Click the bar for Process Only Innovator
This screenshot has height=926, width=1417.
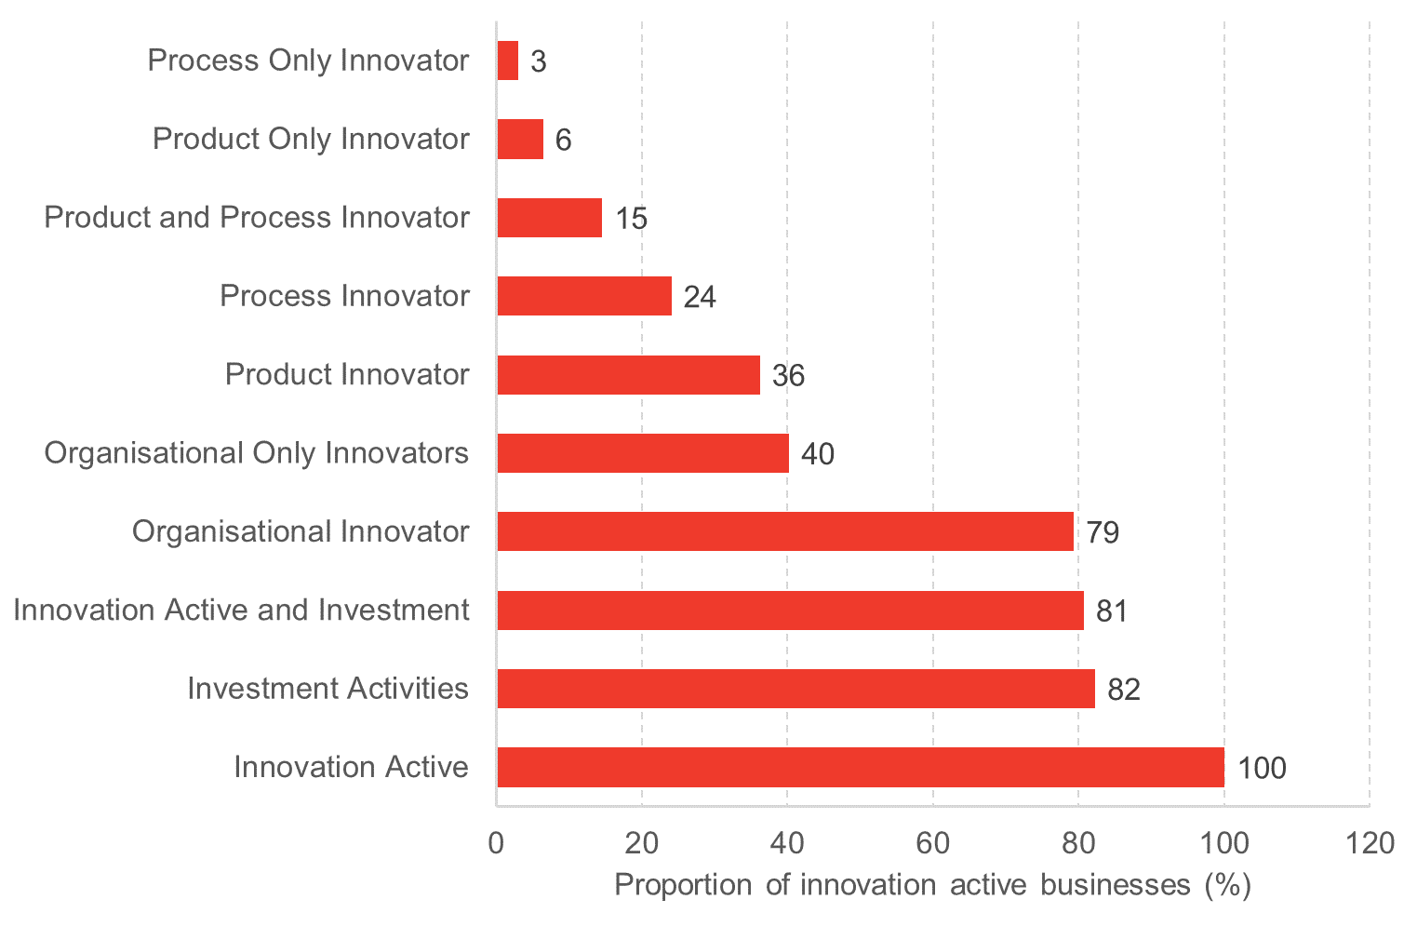tap(508, 60)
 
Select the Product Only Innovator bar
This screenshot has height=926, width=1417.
tap(521, 140)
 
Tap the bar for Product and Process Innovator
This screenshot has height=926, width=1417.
tap(550, 218)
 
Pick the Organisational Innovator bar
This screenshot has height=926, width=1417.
tap(785, 531)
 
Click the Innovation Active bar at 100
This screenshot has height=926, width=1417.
tap(861, 767)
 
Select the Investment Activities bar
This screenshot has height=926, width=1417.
tap(796, 689)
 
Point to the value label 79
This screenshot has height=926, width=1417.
tap(1103, 532)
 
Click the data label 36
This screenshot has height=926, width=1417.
tap(788, 375)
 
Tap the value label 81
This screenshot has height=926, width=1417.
tap(1112, 611)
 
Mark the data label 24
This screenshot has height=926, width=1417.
tap(700, 297)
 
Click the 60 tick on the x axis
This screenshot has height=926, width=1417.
tap(933, 844)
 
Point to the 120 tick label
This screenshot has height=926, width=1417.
tap(1370, 844)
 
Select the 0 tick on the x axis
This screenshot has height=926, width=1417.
tap(497, 844)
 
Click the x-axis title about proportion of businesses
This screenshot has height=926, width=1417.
tap(933, 885)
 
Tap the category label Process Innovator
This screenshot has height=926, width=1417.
tap(345, 296)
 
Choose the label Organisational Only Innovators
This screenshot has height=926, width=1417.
tap(257, 453)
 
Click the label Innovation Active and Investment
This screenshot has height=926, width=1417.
tap(242, 611)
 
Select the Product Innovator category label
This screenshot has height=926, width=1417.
tap(347, 374)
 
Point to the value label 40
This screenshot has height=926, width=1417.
tap(818, 454)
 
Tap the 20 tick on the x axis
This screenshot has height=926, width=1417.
tap(642, 844)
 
